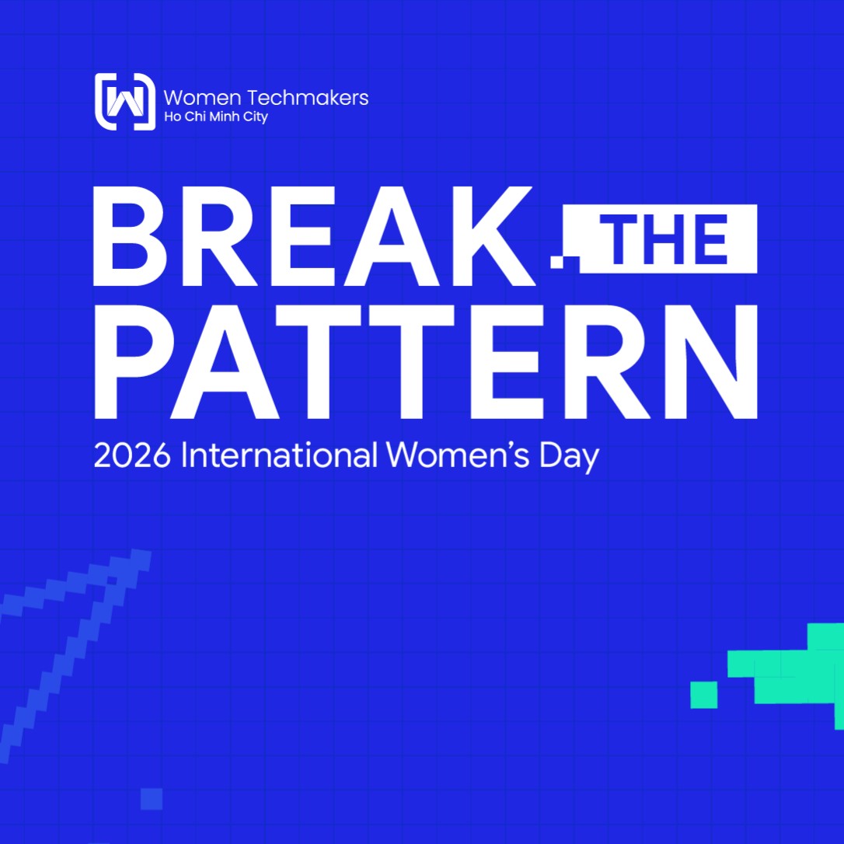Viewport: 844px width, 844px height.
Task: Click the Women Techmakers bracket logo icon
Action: [124, 101]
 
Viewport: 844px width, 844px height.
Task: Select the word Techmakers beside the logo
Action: [309, 98]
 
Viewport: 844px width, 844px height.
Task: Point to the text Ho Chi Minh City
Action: [215, 117]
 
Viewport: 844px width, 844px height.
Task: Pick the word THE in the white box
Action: [668, 239]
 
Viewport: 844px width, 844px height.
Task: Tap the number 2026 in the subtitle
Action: [132, 455]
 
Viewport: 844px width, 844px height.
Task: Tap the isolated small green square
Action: [704, 694]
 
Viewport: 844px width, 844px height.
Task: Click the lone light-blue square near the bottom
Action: [152, 799]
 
